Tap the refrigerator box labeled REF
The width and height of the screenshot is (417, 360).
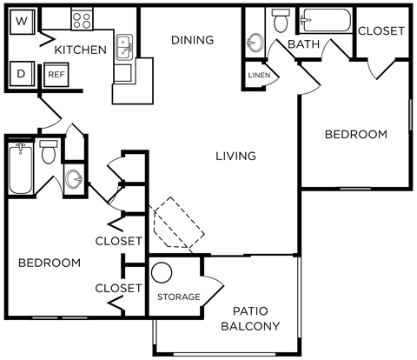(x=56, y=75)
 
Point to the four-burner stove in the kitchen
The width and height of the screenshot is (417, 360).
(x=83, y=17)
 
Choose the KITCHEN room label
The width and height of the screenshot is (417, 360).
(x=81, y=50)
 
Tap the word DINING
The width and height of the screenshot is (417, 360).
(x=192, y=40)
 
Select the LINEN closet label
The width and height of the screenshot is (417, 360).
(x=259, y=76)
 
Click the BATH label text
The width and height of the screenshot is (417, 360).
(x=302, y=44)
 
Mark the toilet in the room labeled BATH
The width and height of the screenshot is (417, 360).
(x=280, y=19)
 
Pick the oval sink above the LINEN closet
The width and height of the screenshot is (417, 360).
(x=255, y=42)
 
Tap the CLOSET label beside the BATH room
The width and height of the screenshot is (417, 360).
(x=381, y=30)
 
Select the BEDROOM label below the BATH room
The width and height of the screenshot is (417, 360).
(x=355, y=134)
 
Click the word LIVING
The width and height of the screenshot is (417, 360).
(x=235, y=157)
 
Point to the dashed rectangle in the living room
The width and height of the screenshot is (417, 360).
(x=178, y=223)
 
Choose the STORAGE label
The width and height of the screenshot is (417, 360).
(x=179, y=297)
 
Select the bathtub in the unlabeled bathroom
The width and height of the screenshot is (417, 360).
(x=21, y=168)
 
